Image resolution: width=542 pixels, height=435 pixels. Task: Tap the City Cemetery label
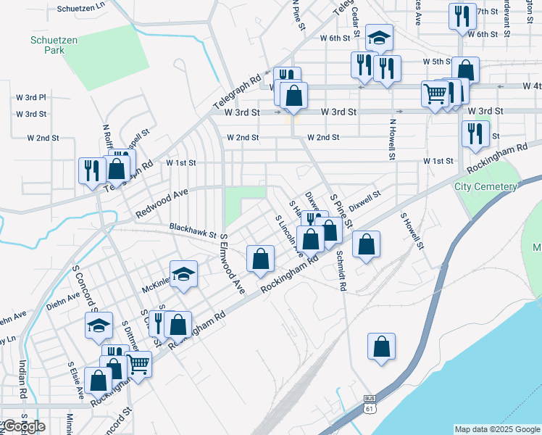[x=485, y=186]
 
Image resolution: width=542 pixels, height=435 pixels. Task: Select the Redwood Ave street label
[x=161, y=204]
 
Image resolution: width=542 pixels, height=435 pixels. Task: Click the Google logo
[x=23, y=426]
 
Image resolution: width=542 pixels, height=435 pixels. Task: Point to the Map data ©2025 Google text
[x=496, y=429]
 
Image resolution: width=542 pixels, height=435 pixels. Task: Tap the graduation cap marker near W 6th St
[x=378, y=38]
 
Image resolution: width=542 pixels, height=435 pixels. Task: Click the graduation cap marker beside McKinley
[x=184, y=274]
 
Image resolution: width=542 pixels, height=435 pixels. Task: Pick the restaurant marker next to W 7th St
[x=462, y=16]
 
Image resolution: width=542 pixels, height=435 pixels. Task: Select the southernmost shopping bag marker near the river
[x=381, y=347]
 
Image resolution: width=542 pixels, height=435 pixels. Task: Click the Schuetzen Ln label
[x=80, y=5]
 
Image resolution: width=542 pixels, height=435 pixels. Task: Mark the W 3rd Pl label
[x=31, y=96]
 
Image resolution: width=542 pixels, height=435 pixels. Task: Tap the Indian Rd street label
[x=22, y=379]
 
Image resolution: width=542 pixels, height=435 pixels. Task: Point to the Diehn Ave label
[x=64, y=297]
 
